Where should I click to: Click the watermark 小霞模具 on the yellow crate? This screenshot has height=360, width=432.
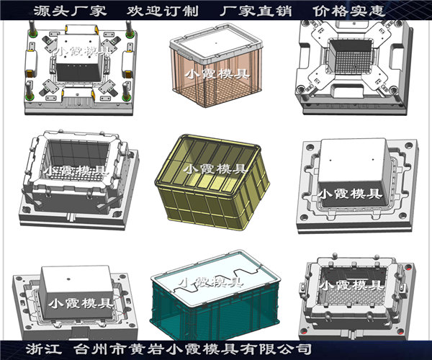click(x=215, y=170)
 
